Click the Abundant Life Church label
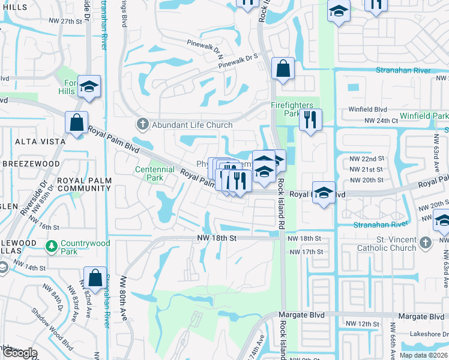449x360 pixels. (x=191, y=125)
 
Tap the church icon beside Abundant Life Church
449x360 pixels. (x=142, y=125)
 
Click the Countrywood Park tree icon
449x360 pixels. (x=52, y=246)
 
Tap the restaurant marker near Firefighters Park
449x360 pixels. (x=310, y=118)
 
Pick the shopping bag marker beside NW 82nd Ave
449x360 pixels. (x=95, y=277)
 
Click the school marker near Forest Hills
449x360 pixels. (x=89, y=86)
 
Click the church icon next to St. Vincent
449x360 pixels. (x=426, y=242)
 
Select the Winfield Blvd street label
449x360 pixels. (x=368, y=110)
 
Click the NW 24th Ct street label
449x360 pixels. (x=374, y=121)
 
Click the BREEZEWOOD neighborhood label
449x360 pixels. (x=31, y=163)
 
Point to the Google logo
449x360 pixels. (x=20, y=353)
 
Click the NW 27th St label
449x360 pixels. (x=65, y=21)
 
